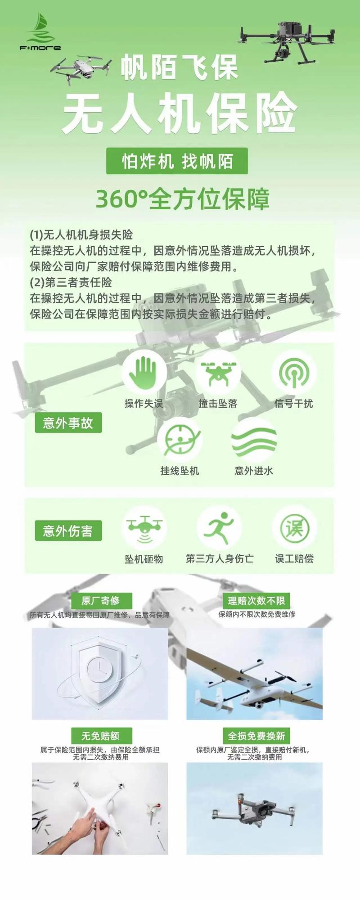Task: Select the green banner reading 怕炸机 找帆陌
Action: [x=177, y=161]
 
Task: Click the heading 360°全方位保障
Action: [x=182, y=199]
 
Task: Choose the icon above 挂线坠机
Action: [x=180, y=440]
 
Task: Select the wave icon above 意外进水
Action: [x=254, y=440]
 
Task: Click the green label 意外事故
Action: [x=68, y=423]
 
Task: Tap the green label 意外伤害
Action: [x=68, y=531]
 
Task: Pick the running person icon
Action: [x=219, y=527]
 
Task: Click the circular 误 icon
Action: [x=294, y=527]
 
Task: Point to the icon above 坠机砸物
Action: [x=144, y=527]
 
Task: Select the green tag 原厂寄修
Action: [x=101, y=600]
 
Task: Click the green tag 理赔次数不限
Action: [x=256, y=600]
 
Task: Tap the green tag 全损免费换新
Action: [x=256, y=736]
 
